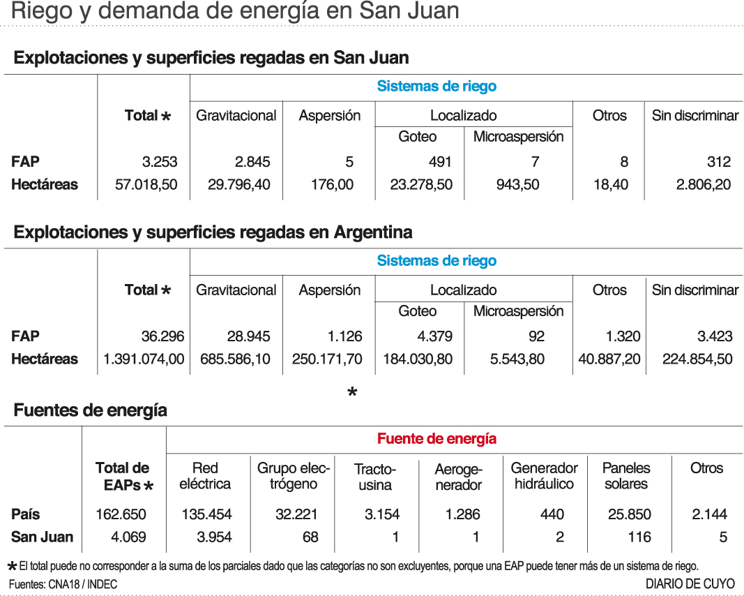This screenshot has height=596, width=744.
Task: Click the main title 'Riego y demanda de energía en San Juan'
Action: [x=236, y=11]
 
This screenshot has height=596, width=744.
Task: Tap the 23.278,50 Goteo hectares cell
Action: [x=418, y=185]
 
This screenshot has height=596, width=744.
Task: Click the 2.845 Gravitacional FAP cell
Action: [x=252, y=162]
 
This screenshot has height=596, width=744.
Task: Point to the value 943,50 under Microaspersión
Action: [x=517, y=185]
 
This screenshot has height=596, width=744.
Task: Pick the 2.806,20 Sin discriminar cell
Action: [x=703, y=185]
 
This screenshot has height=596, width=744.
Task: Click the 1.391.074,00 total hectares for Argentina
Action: [x=144, y=359]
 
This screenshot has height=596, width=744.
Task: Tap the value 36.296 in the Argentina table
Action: [x=162, y=336]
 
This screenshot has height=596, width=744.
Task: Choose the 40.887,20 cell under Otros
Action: [x=609, y=359]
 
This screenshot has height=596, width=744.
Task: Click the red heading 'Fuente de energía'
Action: [x=436, y=439]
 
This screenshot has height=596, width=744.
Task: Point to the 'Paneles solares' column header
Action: [x=626, y=476]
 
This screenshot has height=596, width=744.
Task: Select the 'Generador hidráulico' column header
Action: [x=545, y=476]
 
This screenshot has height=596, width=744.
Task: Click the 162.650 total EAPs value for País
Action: [x=121, y=515]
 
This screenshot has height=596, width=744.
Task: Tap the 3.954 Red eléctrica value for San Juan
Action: [x=206, y=537]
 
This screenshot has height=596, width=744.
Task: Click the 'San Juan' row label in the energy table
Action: [x=42, y=537]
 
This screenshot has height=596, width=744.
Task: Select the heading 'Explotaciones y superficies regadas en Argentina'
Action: [x=213, y=232]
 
